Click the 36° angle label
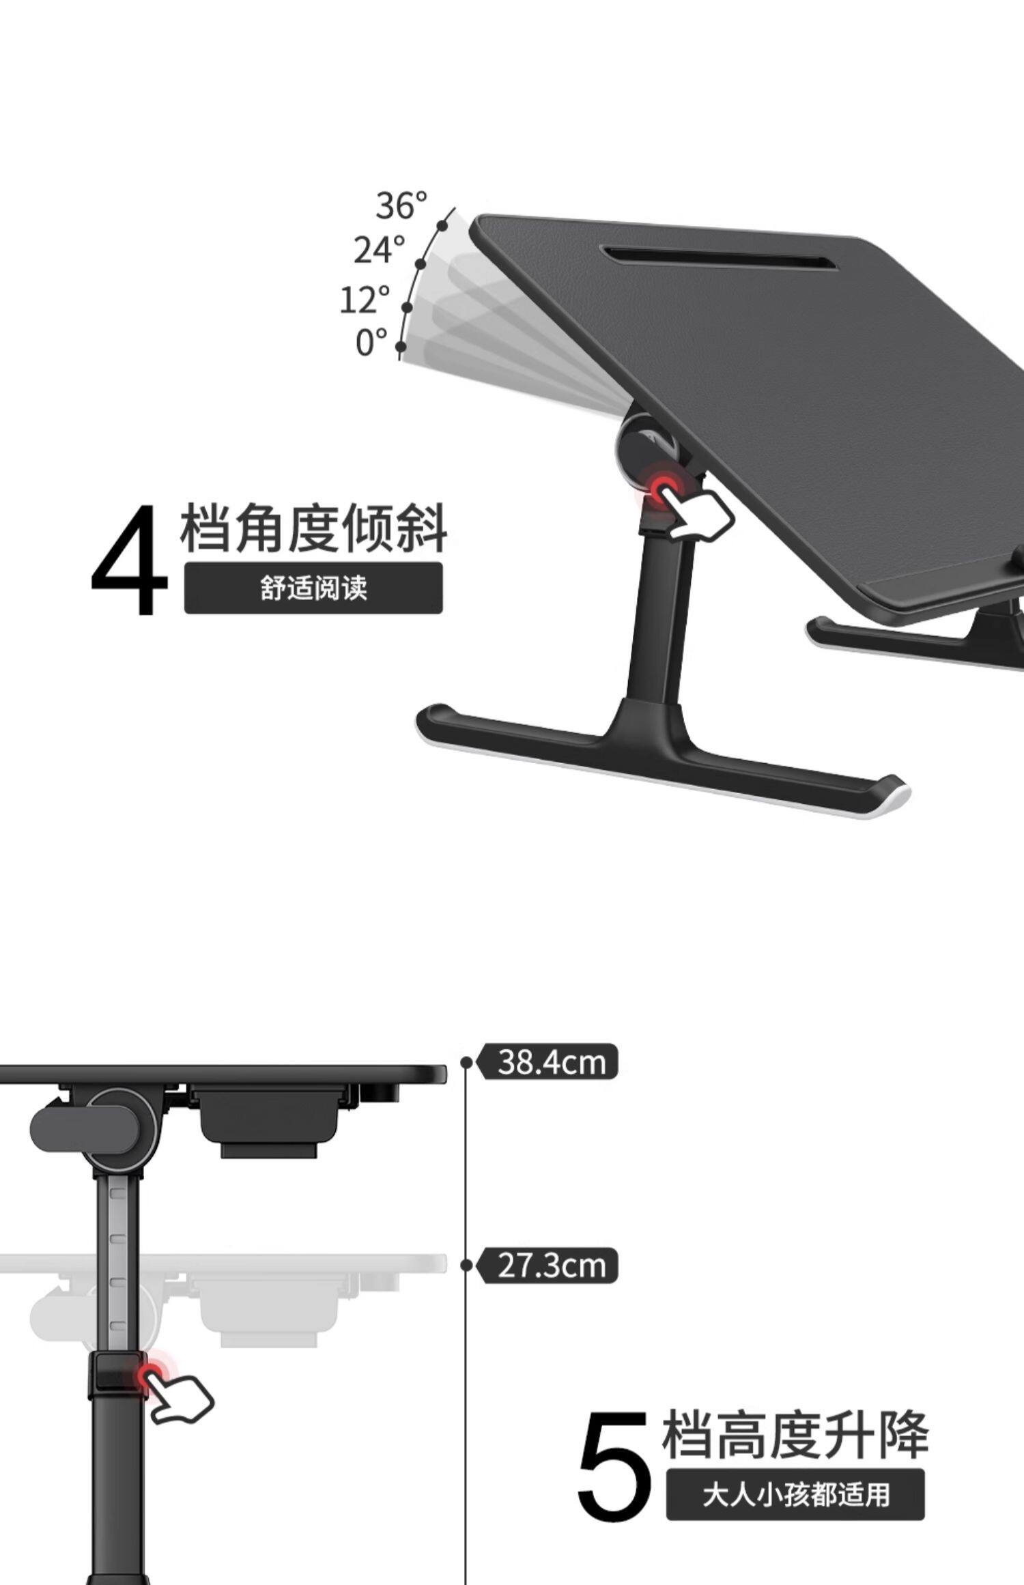pos(401,205)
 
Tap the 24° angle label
pos(380,250)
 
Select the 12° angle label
pos(365,300)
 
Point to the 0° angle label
pos(371,343)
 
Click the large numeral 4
pos(130,560)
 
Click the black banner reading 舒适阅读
pos(313,588)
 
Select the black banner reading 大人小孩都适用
pos(795,1495)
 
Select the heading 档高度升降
pos(795,1433)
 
